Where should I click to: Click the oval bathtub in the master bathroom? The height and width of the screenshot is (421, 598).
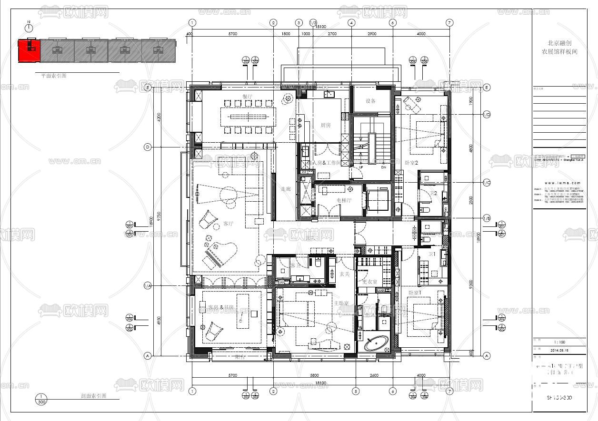[376, 343]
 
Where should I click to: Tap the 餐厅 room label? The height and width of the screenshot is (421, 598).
[247, 97]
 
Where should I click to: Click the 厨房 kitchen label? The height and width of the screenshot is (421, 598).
[326, 125]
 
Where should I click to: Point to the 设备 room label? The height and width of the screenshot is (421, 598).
[371, 101]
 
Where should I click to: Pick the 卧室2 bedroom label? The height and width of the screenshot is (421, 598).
[411, 163]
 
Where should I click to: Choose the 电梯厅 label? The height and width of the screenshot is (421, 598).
[344, 200]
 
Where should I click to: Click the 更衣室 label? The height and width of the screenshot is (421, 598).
[369, 282]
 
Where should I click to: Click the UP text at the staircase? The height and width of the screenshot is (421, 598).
[361, 167]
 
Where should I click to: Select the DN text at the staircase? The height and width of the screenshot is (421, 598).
[383, 167]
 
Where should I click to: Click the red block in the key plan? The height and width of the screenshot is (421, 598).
[29, 50]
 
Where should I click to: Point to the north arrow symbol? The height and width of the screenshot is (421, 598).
[29, 28]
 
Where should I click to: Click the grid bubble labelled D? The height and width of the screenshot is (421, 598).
[148, 147]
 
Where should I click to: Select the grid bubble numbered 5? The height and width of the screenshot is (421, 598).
[355, 391]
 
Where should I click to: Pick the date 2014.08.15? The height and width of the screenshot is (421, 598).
[559, 351]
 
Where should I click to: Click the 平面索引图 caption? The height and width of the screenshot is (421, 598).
[53, 76]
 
